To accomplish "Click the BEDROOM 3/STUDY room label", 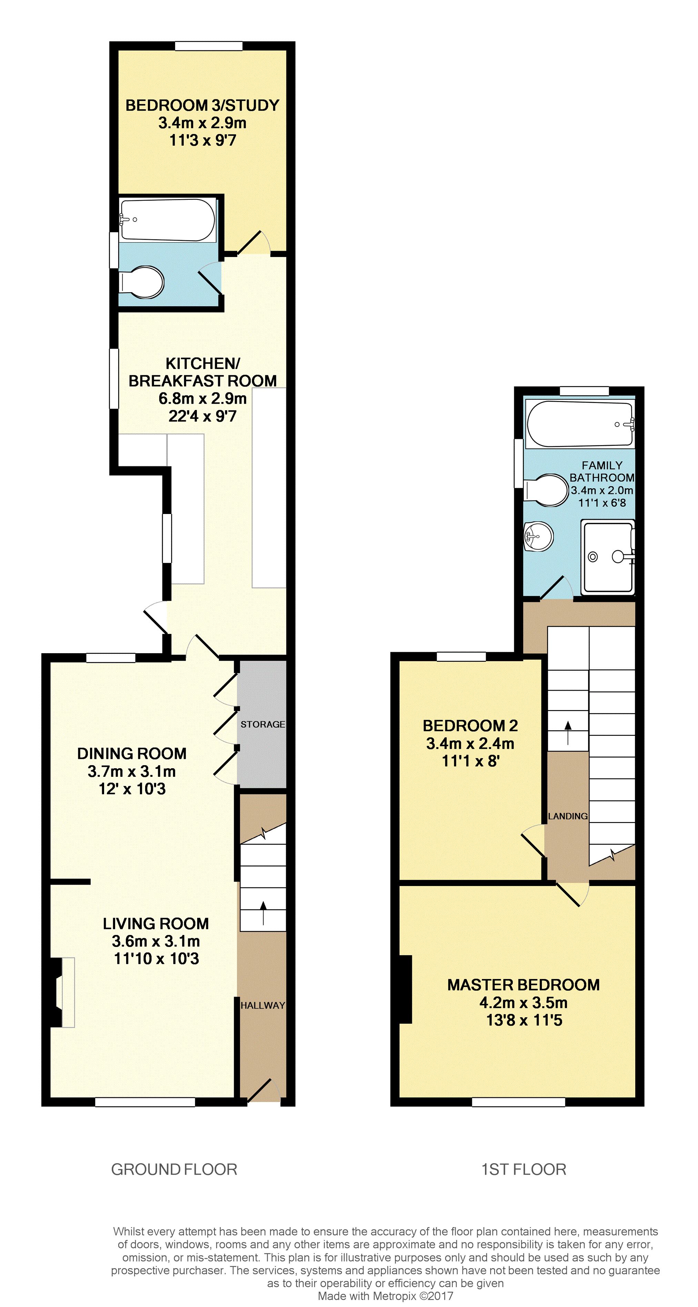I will click(202, 105).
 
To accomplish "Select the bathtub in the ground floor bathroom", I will click(167, 220).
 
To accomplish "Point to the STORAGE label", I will click(262, 724).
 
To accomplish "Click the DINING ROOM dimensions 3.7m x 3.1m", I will click(131, 771).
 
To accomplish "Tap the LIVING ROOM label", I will click(156, 924).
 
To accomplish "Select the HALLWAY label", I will click(262, 1005).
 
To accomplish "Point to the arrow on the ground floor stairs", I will click(263, 913).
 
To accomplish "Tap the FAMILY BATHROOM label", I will click(602, 471).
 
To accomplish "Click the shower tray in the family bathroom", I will click(608, 557).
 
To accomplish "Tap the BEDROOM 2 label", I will click(470, 725).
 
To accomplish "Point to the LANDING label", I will click(568, 816).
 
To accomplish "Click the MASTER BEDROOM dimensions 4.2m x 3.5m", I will click(523, 1002).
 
